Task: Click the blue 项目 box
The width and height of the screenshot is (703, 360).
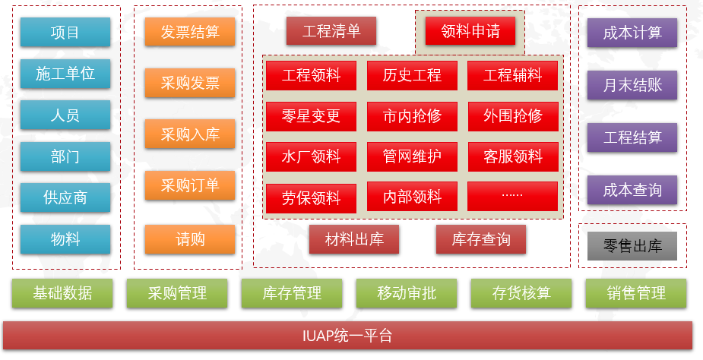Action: [x=65, y=33]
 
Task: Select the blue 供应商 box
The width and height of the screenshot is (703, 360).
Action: [x=65, y=197]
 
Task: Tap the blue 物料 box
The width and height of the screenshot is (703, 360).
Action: [x=65, y=239]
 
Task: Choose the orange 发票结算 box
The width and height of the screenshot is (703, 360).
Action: [x=190, y=32]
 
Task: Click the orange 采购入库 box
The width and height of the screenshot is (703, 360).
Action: [x=190, y=134]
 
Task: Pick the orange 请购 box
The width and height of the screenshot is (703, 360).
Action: [x=190, y=239]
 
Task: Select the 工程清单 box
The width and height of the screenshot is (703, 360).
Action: [x=331, y=31]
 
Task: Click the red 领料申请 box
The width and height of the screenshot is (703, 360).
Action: [x=470, y=31]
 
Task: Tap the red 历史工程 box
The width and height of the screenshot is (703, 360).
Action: [x=412, y=75]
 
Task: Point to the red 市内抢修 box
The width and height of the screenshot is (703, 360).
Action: [x=412, y=116]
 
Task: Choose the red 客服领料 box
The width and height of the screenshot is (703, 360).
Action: [x=513, y=157]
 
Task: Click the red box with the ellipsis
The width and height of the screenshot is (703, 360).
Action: [x=512, y=197]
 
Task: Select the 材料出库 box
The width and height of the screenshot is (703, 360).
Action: [x=354, y=239]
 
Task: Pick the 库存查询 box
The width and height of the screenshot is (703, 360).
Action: [x=481, y=239]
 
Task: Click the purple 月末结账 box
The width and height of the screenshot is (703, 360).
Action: [x=632, y=85]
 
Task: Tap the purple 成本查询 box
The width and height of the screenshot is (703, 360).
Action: [x=632, y=190]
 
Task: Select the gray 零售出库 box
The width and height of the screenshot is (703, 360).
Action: [x=632, y=246]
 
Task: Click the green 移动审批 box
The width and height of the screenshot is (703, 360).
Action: [x=407, y=293]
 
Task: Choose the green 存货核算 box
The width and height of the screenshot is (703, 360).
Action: [x=521, y=293]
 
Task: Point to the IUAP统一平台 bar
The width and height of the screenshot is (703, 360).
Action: [x=347, y=336]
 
